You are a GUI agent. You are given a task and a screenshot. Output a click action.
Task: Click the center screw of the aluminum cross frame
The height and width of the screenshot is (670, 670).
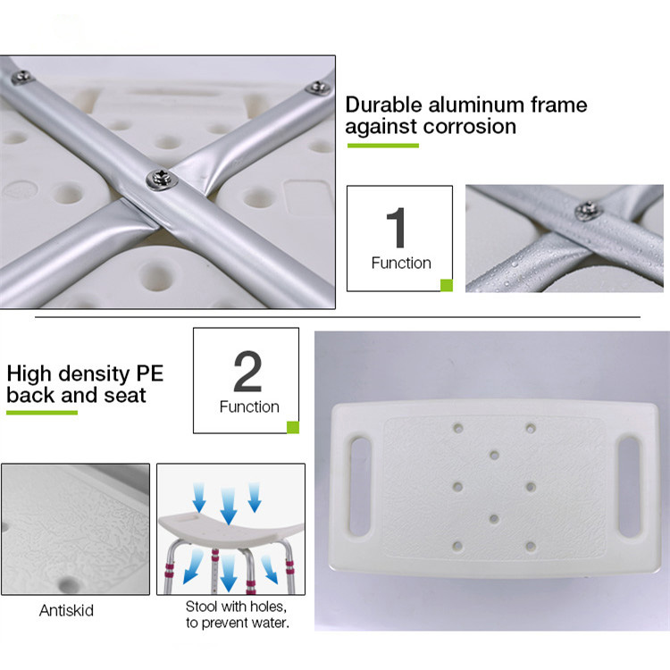[162, 180]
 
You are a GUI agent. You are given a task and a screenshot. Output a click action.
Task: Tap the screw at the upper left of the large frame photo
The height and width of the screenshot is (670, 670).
[21, 77]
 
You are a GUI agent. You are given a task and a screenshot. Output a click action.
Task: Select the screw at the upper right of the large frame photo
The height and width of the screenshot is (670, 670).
[317, 88]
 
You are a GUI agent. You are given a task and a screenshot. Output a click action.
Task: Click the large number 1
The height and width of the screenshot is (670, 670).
[396, 227]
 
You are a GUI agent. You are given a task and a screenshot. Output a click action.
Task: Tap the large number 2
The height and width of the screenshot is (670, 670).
[247, 371]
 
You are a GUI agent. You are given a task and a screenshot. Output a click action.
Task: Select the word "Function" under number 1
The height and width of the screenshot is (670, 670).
[401, 263]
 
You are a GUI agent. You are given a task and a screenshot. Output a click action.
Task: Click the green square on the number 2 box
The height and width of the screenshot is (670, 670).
[293, 427]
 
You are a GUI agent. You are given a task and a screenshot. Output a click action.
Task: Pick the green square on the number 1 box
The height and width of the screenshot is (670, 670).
[447, 285]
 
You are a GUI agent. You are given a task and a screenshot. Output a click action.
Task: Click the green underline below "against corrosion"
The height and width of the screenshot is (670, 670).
[383, 146]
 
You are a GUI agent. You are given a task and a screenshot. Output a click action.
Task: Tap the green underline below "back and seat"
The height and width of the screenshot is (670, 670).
[42, 413]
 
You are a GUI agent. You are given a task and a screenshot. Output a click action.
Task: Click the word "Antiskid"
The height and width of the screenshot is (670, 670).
[66, 610]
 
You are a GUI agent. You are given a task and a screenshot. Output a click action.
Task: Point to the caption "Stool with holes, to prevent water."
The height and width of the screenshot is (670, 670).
[237, 615]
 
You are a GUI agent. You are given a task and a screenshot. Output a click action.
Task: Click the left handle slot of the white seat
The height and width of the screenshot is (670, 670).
[360, 486]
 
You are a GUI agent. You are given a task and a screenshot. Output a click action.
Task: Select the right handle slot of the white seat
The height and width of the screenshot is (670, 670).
[629, 486]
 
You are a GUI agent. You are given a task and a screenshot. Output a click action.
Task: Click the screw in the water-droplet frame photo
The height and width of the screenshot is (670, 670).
[588, 211]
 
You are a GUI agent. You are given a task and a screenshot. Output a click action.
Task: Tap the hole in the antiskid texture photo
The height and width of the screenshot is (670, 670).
[67, 584]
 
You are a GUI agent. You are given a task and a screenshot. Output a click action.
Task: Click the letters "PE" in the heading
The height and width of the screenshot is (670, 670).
[149, 373]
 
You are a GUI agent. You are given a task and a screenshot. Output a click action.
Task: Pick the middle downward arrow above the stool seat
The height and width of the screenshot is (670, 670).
[229, 507]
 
